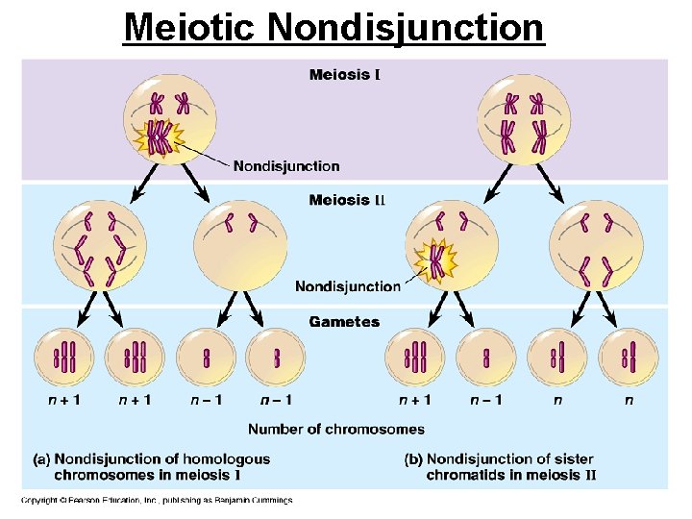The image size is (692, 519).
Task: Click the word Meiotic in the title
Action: pyautogui.click(x=191, y=27)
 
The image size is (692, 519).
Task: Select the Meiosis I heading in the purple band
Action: pyautogui.click(x=344, y=74)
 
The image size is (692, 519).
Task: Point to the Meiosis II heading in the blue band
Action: pyautogui.click(x=346, y=200)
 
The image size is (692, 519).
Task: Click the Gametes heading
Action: pyautogui.click(x=344, y=322)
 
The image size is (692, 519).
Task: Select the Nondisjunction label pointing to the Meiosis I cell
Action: pyautogui.click(x=286, y=166)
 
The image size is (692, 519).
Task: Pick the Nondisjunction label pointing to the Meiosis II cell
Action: pyautogui.click(x=347, y=286)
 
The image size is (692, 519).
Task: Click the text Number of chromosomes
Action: pyautogui.click(x=335, y=429)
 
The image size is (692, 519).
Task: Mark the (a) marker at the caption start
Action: pyautogui.click(x=42, y=459)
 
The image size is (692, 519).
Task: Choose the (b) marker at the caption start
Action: pyautogui.click(x=414, y=459)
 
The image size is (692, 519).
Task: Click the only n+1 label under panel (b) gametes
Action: pyautogui.click(x=415, y=400)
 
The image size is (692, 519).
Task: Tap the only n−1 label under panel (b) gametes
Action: pyautogui.click(x=485, y=400)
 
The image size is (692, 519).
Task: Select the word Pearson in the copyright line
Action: pyautogui.click(x=79, y=500)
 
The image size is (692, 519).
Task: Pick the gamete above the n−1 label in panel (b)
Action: pyautogui.click(x=486, y=358)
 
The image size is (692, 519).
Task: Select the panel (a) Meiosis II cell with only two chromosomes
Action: pyautogui.click(x=239, y=244)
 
